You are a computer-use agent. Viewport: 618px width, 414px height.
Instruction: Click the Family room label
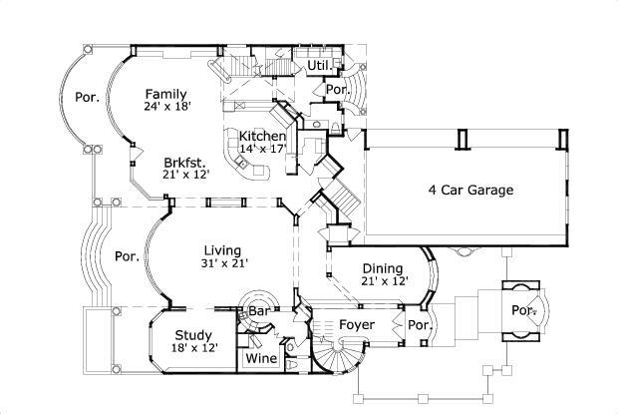pyautogui.click(x=165, y=94)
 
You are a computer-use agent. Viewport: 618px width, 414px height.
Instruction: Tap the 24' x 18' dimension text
pyautogui.click(x=166, y=106)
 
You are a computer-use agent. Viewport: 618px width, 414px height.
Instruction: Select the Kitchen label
pyautogui.click(x=262, y=137)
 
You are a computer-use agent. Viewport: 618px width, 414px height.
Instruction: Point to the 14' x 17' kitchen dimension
pyautogui.click(x=263, y=149)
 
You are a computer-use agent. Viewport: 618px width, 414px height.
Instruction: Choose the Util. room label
pyautogui.click(x=318, y=66)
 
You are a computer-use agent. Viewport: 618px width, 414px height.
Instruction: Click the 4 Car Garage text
pyautogui.click(x=470, y=190)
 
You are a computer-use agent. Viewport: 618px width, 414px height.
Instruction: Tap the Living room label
pyautogui.click(x=223, y=250)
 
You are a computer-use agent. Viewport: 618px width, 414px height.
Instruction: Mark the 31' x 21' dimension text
pyautogui.click(x=224, y=263)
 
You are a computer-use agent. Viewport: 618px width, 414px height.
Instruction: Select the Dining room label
pyautogui.click(x=383, y=268)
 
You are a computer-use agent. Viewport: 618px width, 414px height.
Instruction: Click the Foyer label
pyautogui.click(x=356, y=325)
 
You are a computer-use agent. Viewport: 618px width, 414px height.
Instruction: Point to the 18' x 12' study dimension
pyautogui.click(x=194, y=348)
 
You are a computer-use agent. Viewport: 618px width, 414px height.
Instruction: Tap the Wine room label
pyautogui.click(x=261, y=358)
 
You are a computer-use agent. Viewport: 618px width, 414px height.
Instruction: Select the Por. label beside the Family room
pyautogui.click(x=87, y=98)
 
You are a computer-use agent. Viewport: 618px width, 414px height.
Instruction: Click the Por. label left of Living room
pyautogui.click(x=126, y=255)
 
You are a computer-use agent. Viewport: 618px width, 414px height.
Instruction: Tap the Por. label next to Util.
pyautogui.click(x=337, y=89)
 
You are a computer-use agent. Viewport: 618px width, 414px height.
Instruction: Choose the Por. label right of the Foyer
pyautogui.click(x=418, y=326)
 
